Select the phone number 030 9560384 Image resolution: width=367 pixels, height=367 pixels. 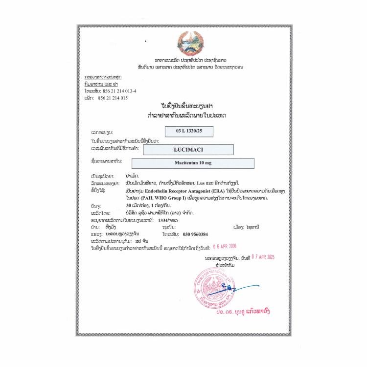197,234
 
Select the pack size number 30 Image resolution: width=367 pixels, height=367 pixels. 129,206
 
